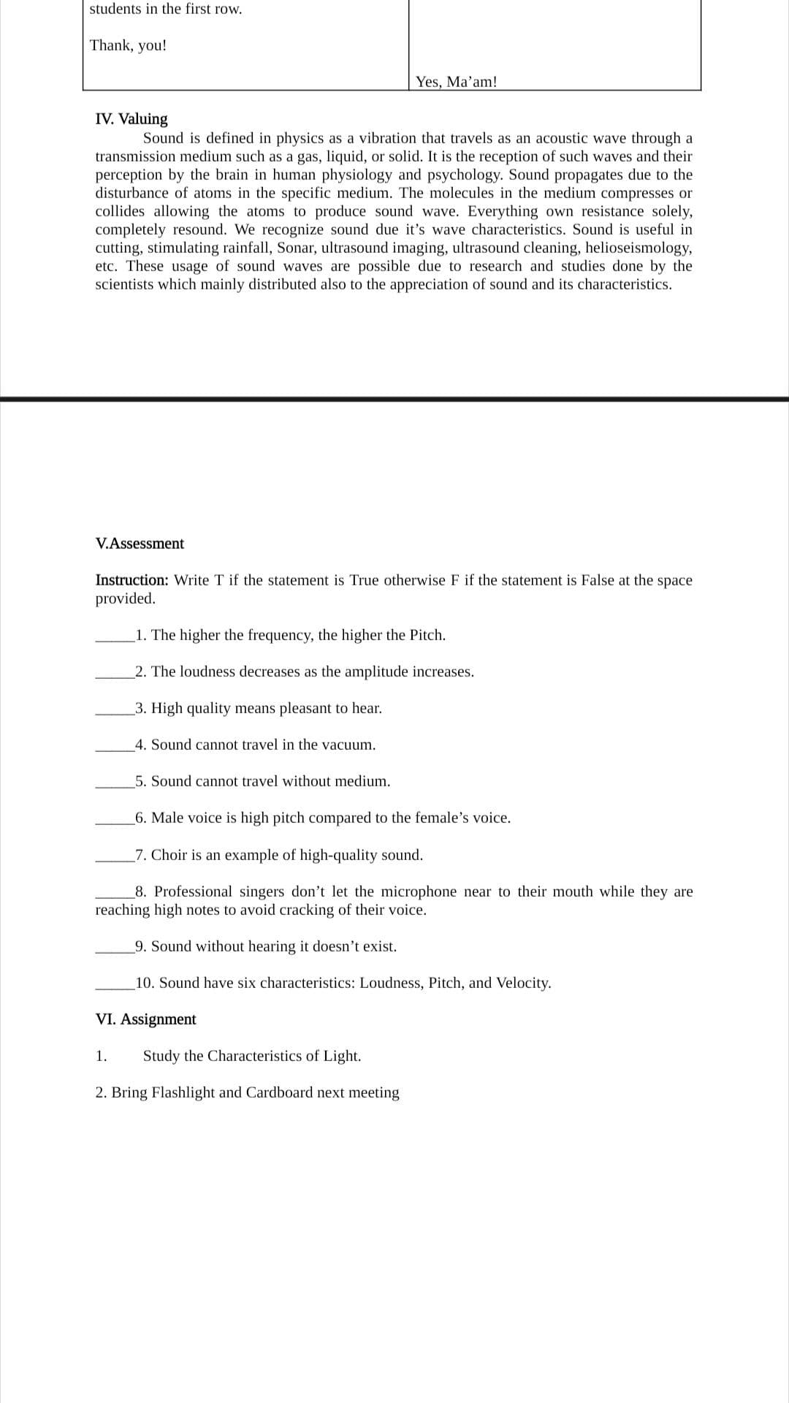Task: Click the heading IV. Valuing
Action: click(131, 118)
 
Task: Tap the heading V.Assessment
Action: click(140, 543)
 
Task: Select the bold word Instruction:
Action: click(132, 580)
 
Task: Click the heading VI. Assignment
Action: click(145, 1019)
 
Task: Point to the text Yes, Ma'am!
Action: click(456, 82)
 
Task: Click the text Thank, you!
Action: click(128, 45)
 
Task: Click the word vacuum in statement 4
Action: click(347, 745)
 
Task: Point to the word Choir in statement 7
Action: click(169, 855)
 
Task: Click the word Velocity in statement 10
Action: click(522, 983)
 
